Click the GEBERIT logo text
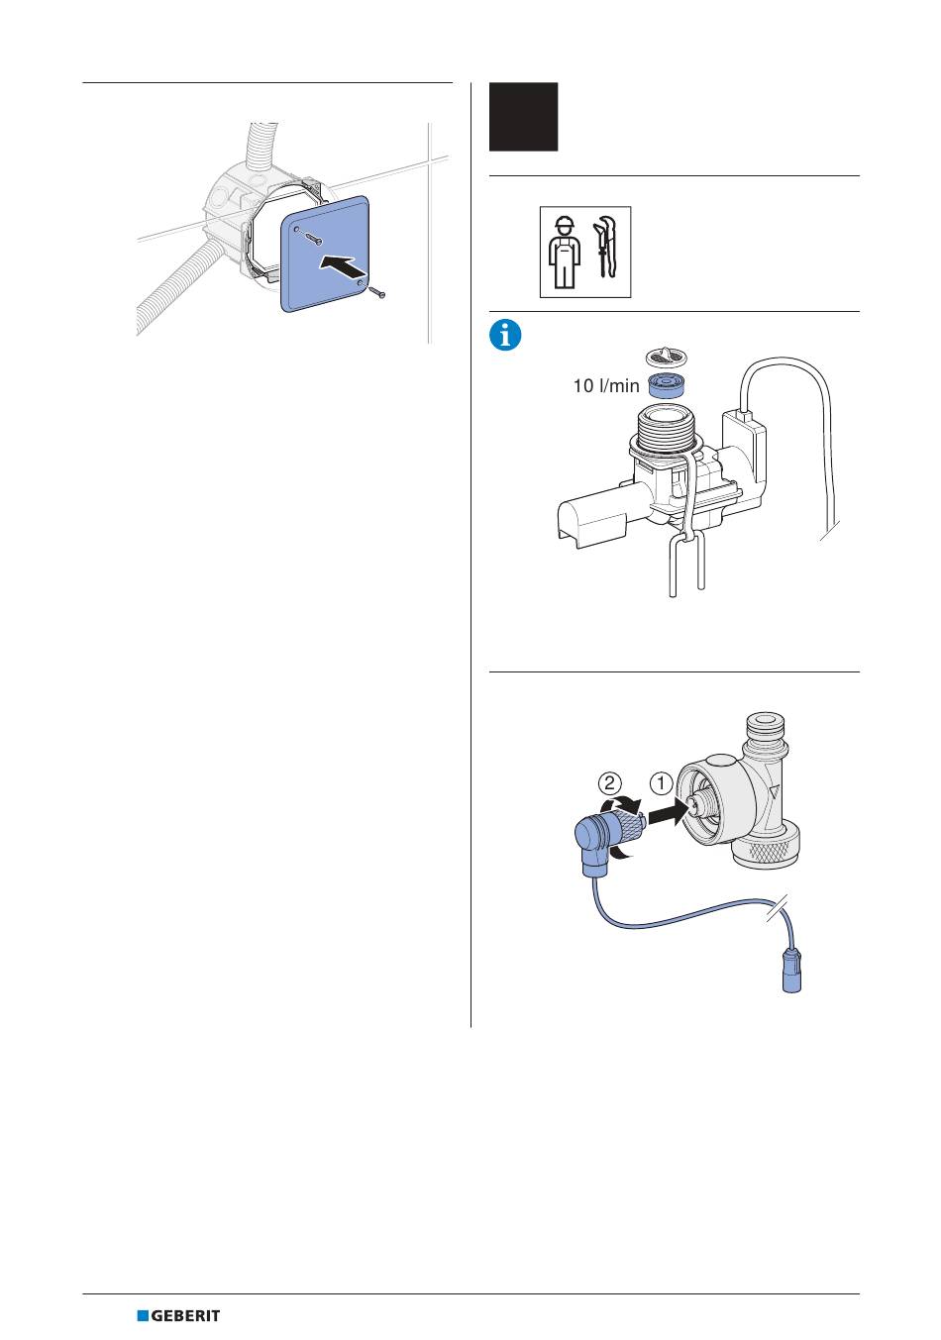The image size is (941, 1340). point(185,1315)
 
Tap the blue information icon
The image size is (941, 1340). point(505,335)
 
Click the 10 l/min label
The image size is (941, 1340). point(606,386)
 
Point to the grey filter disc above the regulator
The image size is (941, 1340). point(666,358)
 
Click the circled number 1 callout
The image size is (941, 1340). point(661,783)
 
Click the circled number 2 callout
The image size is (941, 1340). point(609,783)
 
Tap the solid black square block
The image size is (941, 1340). point(523,117)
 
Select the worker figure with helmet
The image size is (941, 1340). point(565,252)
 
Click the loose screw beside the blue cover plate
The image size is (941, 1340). point(378,292)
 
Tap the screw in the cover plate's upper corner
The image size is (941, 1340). point(312,237)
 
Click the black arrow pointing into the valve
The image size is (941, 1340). point(666,813)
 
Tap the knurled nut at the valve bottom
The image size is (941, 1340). point(765,845)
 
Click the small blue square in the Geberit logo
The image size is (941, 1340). point(143,1315)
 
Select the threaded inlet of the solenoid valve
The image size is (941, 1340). point(667,427)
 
